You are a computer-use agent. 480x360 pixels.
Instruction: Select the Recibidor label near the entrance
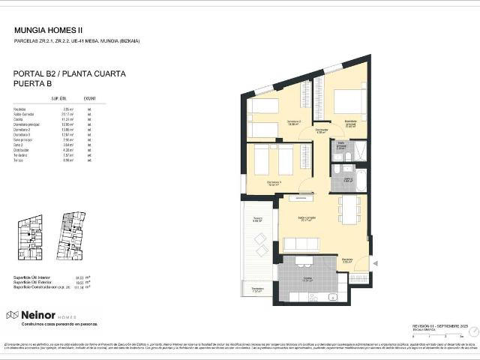[346, 261]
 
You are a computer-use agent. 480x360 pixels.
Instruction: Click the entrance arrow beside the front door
[376, 262]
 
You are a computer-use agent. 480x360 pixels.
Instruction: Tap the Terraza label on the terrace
[256, 220]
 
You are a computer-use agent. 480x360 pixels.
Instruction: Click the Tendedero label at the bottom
[257, 289]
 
